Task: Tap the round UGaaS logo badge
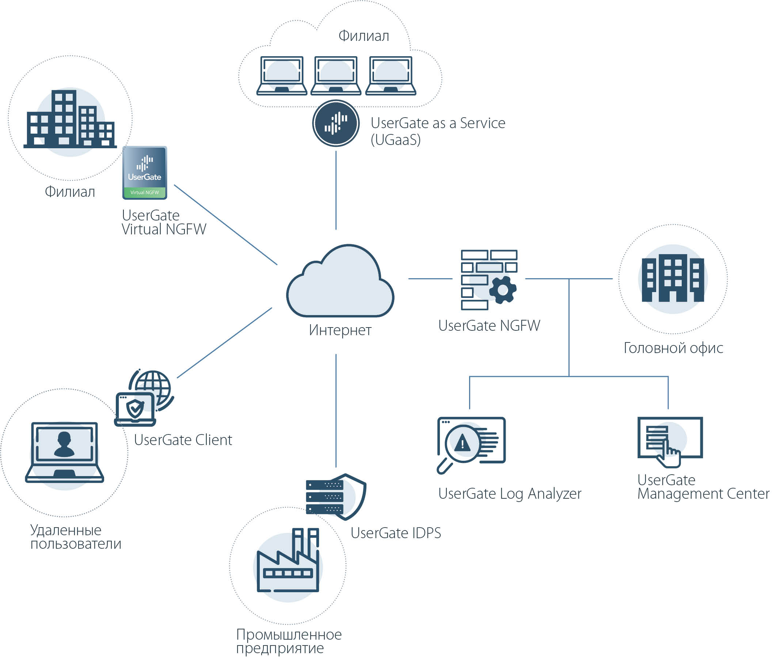tap(336, 123)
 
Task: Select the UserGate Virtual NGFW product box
tap(145, 173)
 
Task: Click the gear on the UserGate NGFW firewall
tap(503, 290)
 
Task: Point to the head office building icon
tap(672, 278)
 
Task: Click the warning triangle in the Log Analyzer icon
tap(463, 443)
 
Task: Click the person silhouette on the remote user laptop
tap(64, 444)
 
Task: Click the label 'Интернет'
tap(340, 330)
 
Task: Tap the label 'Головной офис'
tap(673, 348)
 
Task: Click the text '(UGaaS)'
tap(395, 140)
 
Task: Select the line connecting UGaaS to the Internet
tap(336, 191)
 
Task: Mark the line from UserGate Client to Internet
tap(224, 343)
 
